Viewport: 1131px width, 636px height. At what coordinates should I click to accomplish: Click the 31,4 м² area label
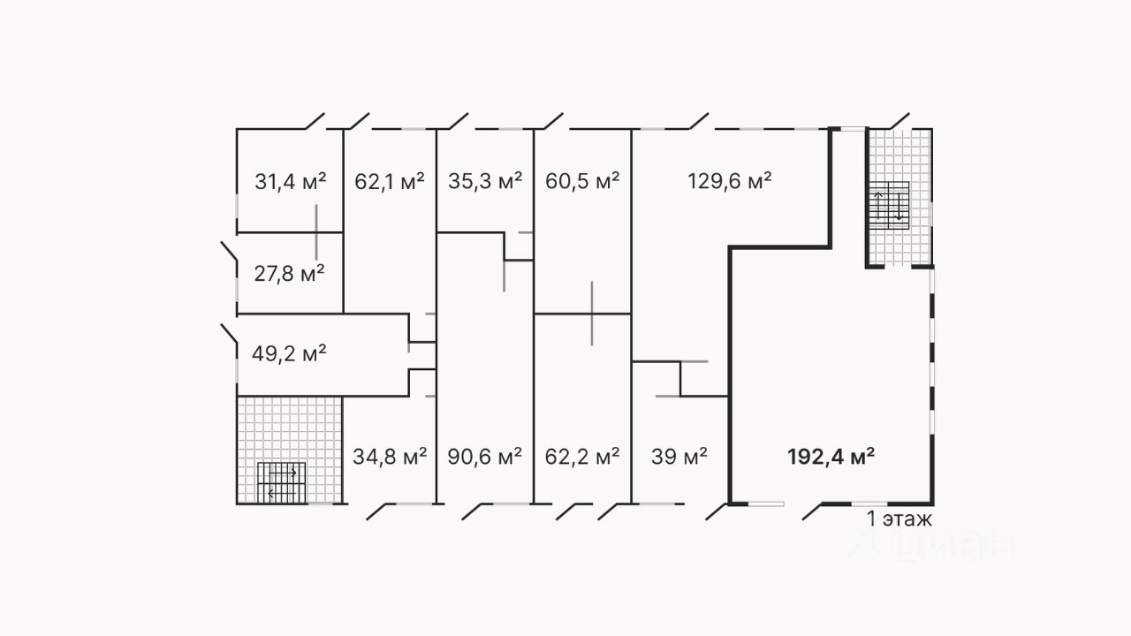click(x=291, y=182)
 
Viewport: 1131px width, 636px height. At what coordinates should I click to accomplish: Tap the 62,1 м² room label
click(x=390, y=182)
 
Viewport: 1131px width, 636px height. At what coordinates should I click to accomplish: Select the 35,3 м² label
click(x=485, y=182)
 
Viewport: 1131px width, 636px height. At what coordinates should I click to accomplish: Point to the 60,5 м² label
click(x=582, y=182)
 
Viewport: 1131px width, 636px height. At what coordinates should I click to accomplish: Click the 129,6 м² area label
click(x=730, y=182)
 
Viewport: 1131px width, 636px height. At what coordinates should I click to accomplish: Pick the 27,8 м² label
click(x=289, y=273)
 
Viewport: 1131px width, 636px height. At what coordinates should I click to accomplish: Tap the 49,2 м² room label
click(x=289, y=354)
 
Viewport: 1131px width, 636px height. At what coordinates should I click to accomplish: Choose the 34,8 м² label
click(x=390, y=457)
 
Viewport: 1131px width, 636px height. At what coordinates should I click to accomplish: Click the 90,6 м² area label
click(x=485, y=457)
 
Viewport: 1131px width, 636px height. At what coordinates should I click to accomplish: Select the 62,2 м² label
click(x=582, y=457)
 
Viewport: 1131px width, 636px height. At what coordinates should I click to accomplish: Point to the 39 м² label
click(x=679, y=457)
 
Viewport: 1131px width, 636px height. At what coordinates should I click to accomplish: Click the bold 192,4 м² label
click(x=831, y=457)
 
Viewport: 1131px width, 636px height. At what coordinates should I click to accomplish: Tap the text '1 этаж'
click(x=899, y=519)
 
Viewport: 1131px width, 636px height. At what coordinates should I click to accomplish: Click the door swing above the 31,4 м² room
click(x=315, y=121)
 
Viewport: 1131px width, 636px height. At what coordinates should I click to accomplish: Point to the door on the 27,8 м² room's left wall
click(x=228, y=252)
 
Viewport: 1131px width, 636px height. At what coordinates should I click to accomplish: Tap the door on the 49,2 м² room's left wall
click(x=228, y=334)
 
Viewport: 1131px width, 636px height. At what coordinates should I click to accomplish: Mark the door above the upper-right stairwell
click(x=899, y=121)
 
